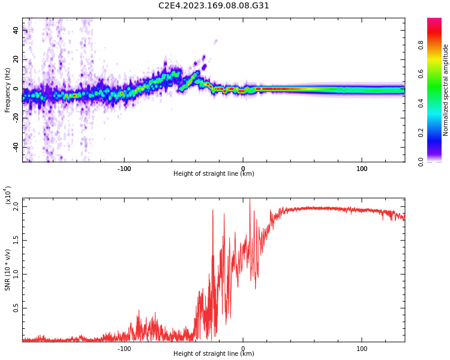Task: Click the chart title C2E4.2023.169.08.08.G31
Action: (214, 5)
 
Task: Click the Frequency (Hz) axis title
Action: (7, 90)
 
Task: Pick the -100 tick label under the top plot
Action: (124, 169)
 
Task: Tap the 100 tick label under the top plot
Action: (362, 169)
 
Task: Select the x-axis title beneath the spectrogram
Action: (214, 174)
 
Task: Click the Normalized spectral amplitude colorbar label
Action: (446, 90)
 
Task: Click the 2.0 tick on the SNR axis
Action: (16, 206)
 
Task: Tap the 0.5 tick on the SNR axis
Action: (16, 308)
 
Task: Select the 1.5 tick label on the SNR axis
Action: (16, 241)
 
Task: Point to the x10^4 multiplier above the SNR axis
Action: (7, 196)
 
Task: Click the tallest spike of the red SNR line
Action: (250, 200)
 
